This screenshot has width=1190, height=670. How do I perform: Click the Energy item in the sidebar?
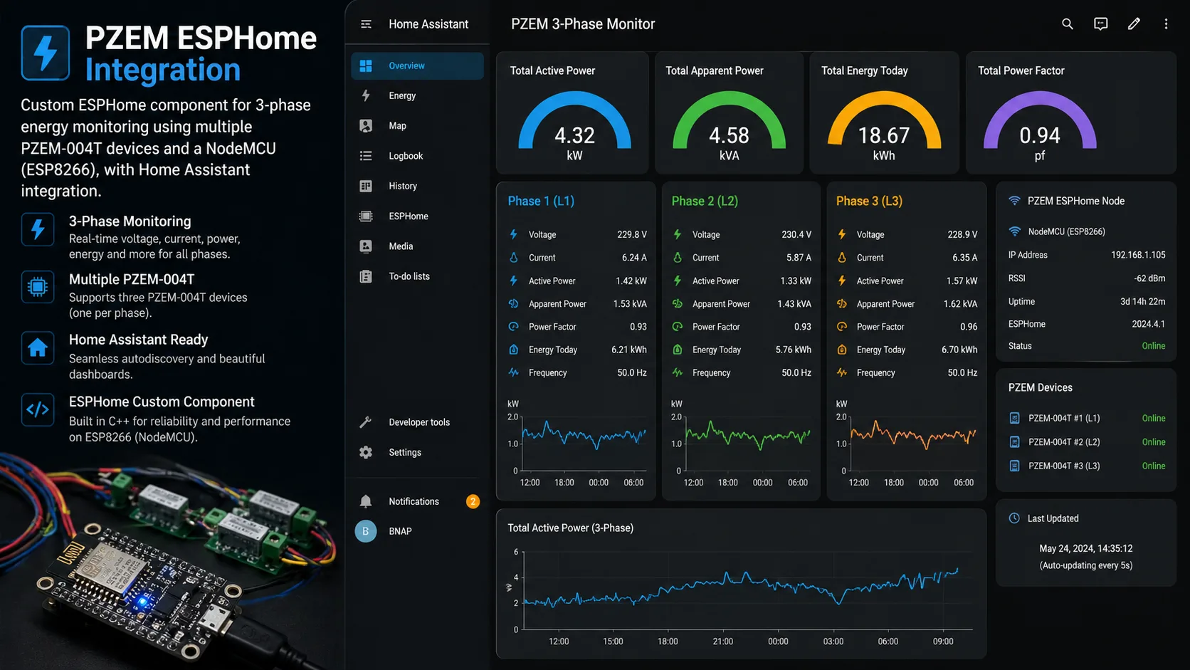402,96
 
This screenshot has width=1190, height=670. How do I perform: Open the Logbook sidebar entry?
405,156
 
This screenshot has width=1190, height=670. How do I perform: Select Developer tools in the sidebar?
418,422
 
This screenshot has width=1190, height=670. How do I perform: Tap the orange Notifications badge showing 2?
473,501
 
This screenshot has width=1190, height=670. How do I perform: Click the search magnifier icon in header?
1067,24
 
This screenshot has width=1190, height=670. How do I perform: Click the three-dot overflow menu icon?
1165,24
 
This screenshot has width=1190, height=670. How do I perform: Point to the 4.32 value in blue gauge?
574,135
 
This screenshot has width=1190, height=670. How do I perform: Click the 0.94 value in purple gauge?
1039,135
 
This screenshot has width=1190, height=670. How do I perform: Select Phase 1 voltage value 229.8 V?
631,234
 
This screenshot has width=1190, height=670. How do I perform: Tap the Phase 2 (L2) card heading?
705,201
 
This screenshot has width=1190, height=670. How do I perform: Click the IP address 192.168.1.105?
1137,255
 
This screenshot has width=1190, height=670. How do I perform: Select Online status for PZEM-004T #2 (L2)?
1153,442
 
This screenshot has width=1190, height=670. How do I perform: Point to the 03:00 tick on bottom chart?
833,642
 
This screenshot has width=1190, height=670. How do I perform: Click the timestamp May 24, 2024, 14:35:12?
1085,548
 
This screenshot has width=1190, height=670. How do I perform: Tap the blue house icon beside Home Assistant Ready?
38,348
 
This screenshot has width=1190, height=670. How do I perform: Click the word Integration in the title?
163,70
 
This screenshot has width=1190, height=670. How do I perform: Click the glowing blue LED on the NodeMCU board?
142,602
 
